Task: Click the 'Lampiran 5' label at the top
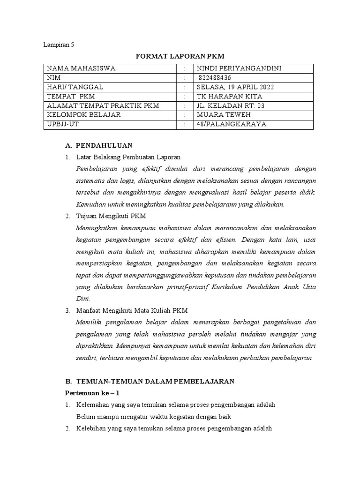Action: coord(59,45)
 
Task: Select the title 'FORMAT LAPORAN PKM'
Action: coord(180,57)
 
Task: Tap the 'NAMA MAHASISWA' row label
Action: coord(81,68)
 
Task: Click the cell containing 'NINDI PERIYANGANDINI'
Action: coord(239,68)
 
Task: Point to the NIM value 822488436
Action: coord(215,78)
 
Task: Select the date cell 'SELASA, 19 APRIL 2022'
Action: coord(235,87)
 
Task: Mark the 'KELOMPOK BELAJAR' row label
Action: coord(83,115)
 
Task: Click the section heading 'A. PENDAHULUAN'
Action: coord(98,145)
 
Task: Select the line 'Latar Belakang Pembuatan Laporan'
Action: coord(128,157)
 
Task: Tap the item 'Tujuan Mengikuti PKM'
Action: coord(111,216)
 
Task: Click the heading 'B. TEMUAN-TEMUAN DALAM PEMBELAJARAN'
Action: coord(149,382)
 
